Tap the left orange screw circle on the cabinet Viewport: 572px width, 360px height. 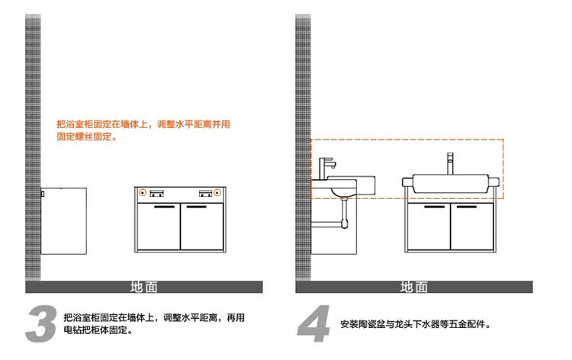[x=143, y=191]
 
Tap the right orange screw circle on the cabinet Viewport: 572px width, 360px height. [x=218, y=191]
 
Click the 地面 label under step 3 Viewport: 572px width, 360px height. [x=144, y=287]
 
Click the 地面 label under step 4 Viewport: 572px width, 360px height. [x=414, y=287]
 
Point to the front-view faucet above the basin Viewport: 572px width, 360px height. [x=450, y=162]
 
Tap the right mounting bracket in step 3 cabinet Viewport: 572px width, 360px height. [x=204, y=191]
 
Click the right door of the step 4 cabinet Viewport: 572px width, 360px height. [x=472, y=229]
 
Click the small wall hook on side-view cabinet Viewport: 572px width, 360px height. [x=43, y=194]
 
